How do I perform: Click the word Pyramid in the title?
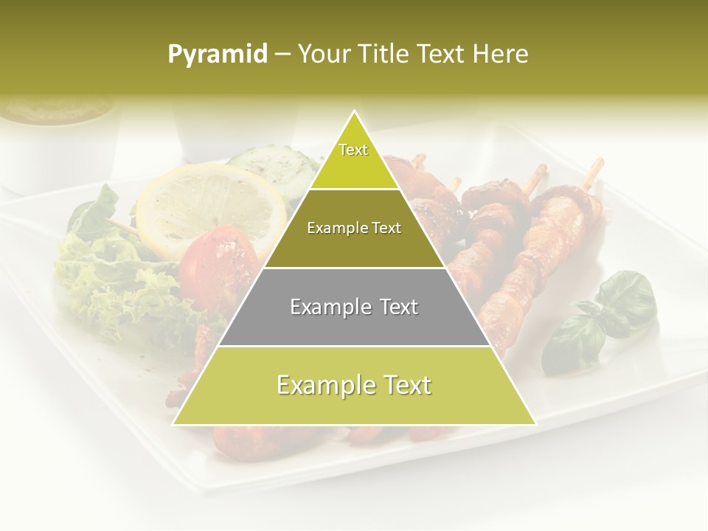[217, 55]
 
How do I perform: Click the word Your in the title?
[322, 55]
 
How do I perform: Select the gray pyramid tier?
[355, 307]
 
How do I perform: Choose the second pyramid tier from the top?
[354, 229]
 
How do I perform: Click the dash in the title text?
[282, 55]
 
